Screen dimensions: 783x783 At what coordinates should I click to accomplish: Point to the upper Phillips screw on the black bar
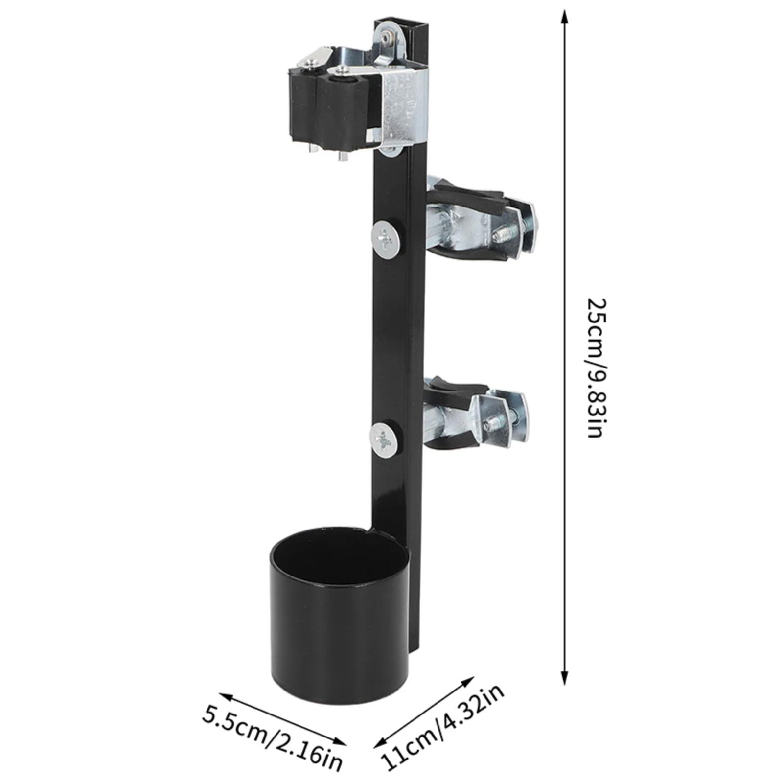(x=387, y=239)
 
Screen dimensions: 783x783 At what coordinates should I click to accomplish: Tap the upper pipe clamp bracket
(x=482, y=218)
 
